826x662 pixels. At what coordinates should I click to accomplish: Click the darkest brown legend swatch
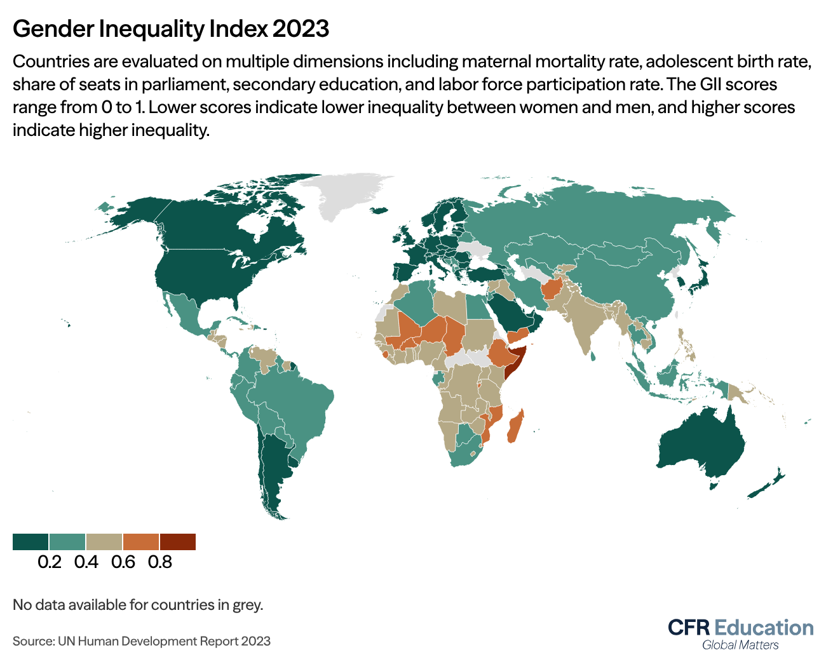click(x=178, y=541)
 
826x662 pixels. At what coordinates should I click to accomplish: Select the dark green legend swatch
click(x=30, y=541)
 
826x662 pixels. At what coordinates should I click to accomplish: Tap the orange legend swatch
click(x=141, y=541)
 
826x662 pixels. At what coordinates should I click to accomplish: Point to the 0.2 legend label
click(x=50, y=562)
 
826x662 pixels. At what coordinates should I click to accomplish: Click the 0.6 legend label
click(x=123, y=562)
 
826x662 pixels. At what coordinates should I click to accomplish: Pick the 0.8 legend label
click(x=159, y=562)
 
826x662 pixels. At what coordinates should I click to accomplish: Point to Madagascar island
click(x=515, y=427)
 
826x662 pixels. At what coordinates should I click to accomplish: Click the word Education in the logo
click(x=764, y=628)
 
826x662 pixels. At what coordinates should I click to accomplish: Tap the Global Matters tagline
click(x=740, y=645)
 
